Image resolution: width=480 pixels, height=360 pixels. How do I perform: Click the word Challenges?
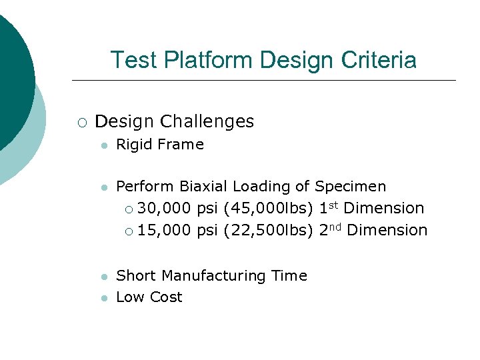click(x=211, y=121)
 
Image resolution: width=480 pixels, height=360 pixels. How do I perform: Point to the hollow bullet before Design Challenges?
click(x=81, y=122)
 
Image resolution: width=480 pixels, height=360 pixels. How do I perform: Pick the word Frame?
click(x=181, y=145)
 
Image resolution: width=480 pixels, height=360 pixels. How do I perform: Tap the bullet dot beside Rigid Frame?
click(x=103, y=145)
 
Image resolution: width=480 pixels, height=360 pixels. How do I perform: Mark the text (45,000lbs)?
click(x=269, y=208)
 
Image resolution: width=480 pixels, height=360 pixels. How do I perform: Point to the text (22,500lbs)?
click(x=269, y=230)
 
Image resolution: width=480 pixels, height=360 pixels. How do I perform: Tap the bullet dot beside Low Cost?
click(x=103, y=298)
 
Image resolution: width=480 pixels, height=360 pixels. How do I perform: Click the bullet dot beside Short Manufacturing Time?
click(x=103, y=277)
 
